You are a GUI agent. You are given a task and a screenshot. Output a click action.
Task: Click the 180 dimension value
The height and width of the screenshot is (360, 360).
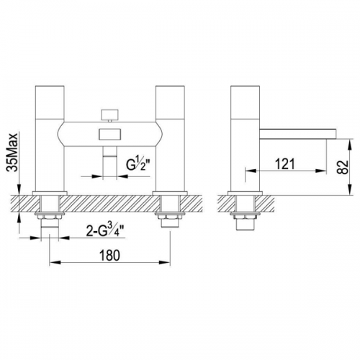click(x=109, y=256)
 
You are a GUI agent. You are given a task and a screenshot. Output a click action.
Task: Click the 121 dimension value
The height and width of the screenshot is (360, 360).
click(x=285, y=164)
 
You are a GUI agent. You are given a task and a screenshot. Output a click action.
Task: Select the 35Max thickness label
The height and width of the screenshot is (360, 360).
click(x=12, y=152)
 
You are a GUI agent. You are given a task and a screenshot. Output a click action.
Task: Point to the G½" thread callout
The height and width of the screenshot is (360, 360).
click(x=138, y=164)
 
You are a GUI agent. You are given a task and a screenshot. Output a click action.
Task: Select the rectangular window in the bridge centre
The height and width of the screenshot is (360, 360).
click(x=110, y=134)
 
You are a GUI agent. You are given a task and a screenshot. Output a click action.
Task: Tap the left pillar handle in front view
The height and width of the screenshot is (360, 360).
click(x=50, y=102)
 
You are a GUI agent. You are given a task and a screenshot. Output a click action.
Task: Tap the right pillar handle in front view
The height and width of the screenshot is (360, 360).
click(x=171, y=102)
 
